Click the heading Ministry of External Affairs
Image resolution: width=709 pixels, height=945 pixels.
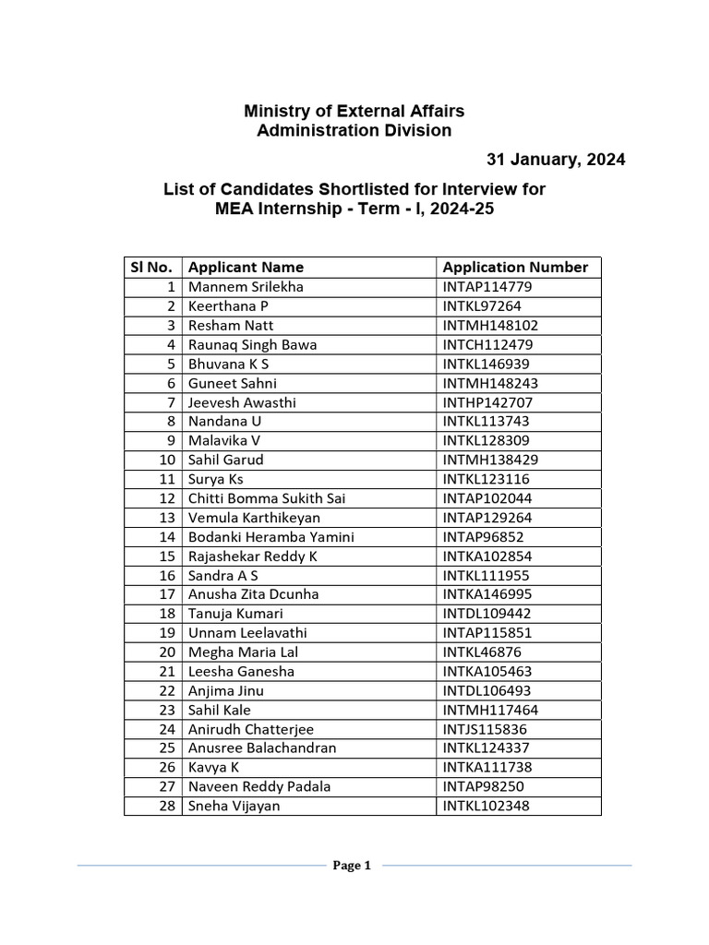pyautogui.click(x=354, y=111)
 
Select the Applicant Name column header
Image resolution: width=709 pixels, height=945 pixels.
pyautogui.click(x=246, y=268)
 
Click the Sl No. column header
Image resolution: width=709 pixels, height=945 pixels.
pyautogui.click(x=152, y=268)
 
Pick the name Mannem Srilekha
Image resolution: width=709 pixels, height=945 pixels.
pyautogui.click(x=246, y=287)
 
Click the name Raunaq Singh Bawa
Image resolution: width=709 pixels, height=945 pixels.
pyautogui.click(x=252, y=345)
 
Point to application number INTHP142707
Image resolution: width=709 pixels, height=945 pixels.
pyautogui.click(x=487, y=402)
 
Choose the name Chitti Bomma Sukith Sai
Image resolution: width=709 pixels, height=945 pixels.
pyautogui.click(x=267, y=498)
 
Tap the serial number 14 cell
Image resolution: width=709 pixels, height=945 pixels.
pyautogui.click(x=167, y=537)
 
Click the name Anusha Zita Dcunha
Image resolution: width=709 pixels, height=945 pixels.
pyautogui.click(x=253, y=594)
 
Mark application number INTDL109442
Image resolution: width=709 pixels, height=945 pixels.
pyautogui.click(x=487, y=614)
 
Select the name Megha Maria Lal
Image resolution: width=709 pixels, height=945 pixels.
pyautogui.click(x=243, y=652)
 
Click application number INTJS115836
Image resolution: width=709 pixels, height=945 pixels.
pyautogui.click(x=486, y=729)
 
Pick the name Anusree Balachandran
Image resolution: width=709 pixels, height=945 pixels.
pyautogui.click(x=262, y=748)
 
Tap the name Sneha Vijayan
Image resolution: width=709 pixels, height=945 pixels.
pyautogui.click(x=234, y=807)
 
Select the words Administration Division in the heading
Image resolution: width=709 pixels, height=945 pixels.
pyautogui.click(x=354, y=131)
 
